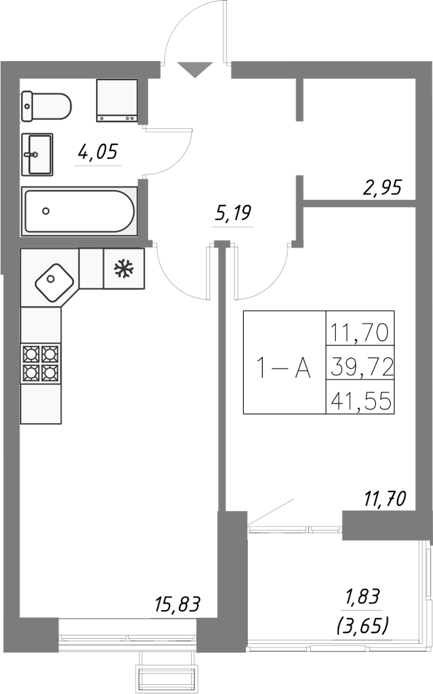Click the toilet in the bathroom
[x=46, y=106]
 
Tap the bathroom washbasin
[x=37, y=154]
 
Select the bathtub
[x=79, y=211]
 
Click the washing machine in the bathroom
[x=117, y=101]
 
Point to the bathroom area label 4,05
[x=97, y=152]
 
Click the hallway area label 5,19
[x=233, y=214]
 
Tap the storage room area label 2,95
[x=382, y=188]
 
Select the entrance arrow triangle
[x=194, y=70]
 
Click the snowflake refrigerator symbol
[x=124, y=269]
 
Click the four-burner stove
[x=41, y=363]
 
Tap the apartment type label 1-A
[x=285, y=368]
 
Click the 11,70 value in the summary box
[x=359, y=333]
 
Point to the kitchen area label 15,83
[x=178, y=604]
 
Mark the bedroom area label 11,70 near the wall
[x=384, y=499]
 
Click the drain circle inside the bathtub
[x=46, y=211]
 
